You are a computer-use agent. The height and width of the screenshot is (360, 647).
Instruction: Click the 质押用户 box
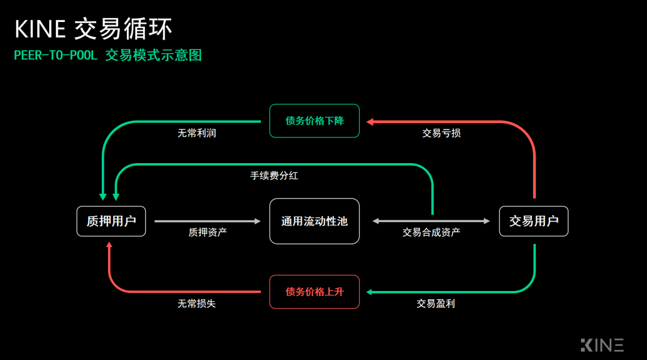pos(111,221)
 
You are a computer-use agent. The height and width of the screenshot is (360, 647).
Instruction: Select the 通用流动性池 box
pos(315,221)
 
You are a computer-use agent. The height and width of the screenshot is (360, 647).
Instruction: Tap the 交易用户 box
pos(534,221)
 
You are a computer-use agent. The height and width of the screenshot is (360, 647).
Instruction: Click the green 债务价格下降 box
pos(315,121)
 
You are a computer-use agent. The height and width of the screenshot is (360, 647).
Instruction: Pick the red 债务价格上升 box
pos(315,292)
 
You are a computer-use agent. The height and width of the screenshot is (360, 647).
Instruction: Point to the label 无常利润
pos(197,133)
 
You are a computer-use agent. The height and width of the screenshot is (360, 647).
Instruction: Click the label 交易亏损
pos(441,133)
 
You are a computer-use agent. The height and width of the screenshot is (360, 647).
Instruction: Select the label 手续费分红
pos(274,175)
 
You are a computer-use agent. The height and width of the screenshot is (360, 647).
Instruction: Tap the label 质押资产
pos(208,232)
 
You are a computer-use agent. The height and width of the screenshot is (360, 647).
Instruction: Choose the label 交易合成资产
pos(431,232)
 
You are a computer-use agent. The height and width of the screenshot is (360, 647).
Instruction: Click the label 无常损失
pos(196,303)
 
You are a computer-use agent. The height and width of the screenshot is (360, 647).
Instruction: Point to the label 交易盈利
pos(436,303)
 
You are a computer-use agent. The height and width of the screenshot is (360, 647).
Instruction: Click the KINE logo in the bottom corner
pos(602,345)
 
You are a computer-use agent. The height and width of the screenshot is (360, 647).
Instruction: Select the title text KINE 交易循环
pos(93,29)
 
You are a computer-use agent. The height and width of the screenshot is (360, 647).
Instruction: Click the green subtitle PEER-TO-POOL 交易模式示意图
pos(108,55)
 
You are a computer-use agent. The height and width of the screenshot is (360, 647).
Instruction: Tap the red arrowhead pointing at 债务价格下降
pos(370,122)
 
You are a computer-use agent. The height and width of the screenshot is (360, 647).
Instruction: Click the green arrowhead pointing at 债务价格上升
pos(369,292)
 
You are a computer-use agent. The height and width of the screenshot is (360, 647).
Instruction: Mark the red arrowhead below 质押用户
pos(109,245)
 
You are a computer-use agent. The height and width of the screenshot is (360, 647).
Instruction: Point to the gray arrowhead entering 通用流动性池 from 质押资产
pos(257,221)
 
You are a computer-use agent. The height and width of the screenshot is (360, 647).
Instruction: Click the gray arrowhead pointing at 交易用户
pos(487,221)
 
